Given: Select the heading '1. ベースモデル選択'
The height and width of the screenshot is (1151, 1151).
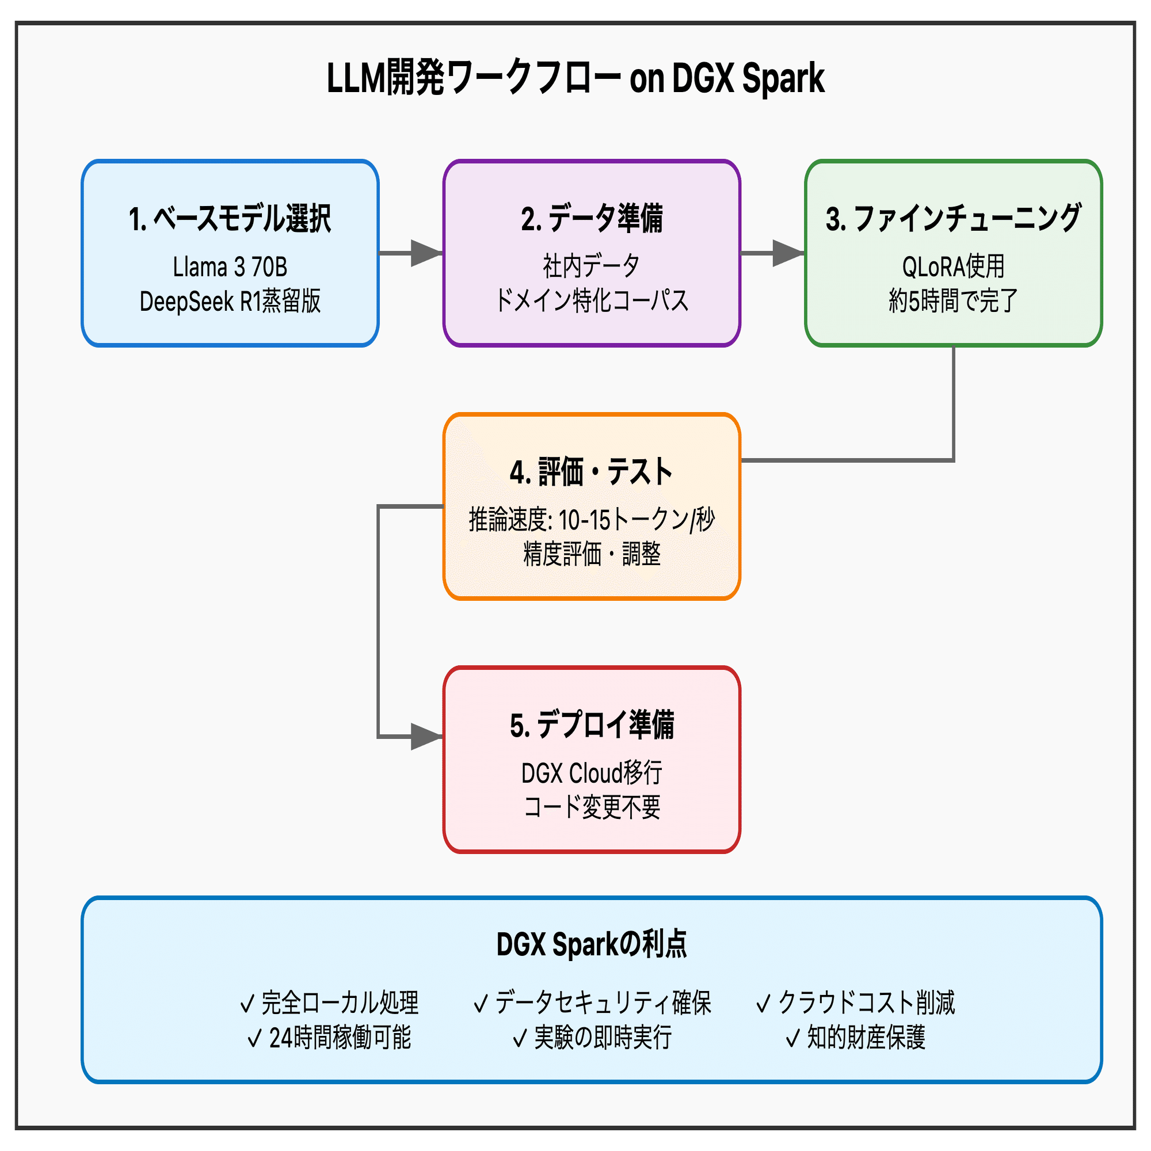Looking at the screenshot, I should point(230,219).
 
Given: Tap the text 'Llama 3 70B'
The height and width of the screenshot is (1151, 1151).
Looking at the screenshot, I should point(230,267).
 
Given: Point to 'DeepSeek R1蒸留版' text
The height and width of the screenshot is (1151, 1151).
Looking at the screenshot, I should point(230,302).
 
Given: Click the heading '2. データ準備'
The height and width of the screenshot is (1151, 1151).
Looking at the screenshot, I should point(592,219).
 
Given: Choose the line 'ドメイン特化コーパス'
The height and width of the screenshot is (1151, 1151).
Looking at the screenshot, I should point(592,300).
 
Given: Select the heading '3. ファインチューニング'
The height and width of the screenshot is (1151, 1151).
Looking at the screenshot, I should point(953,219).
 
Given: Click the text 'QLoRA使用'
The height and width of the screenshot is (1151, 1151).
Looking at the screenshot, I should point(953,266).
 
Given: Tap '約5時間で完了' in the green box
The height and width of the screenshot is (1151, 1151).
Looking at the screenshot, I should point(953,301).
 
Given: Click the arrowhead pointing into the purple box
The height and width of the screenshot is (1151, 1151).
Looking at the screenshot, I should point(425,253).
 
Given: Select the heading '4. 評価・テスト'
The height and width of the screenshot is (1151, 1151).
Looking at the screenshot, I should point(592,472).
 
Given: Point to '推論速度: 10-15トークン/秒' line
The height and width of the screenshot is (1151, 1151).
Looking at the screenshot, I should point(592,520).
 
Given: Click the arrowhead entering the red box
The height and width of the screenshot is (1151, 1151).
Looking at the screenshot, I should point(425,737).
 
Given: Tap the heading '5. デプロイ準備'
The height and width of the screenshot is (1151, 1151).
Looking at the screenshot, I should point(592,725).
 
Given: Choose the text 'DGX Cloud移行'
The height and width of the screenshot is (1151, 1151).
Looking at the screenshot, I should point(592,773).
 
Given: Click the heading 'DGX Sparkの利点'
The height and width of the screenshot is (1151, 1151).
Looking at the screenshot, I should point(592,945).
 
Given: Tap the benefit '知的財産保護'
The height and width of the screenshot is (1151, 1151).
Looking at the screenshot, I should point(866,1038).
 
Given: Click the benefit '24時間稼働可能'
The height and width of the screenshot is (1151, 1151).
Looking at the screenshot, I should point(340,1038).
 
